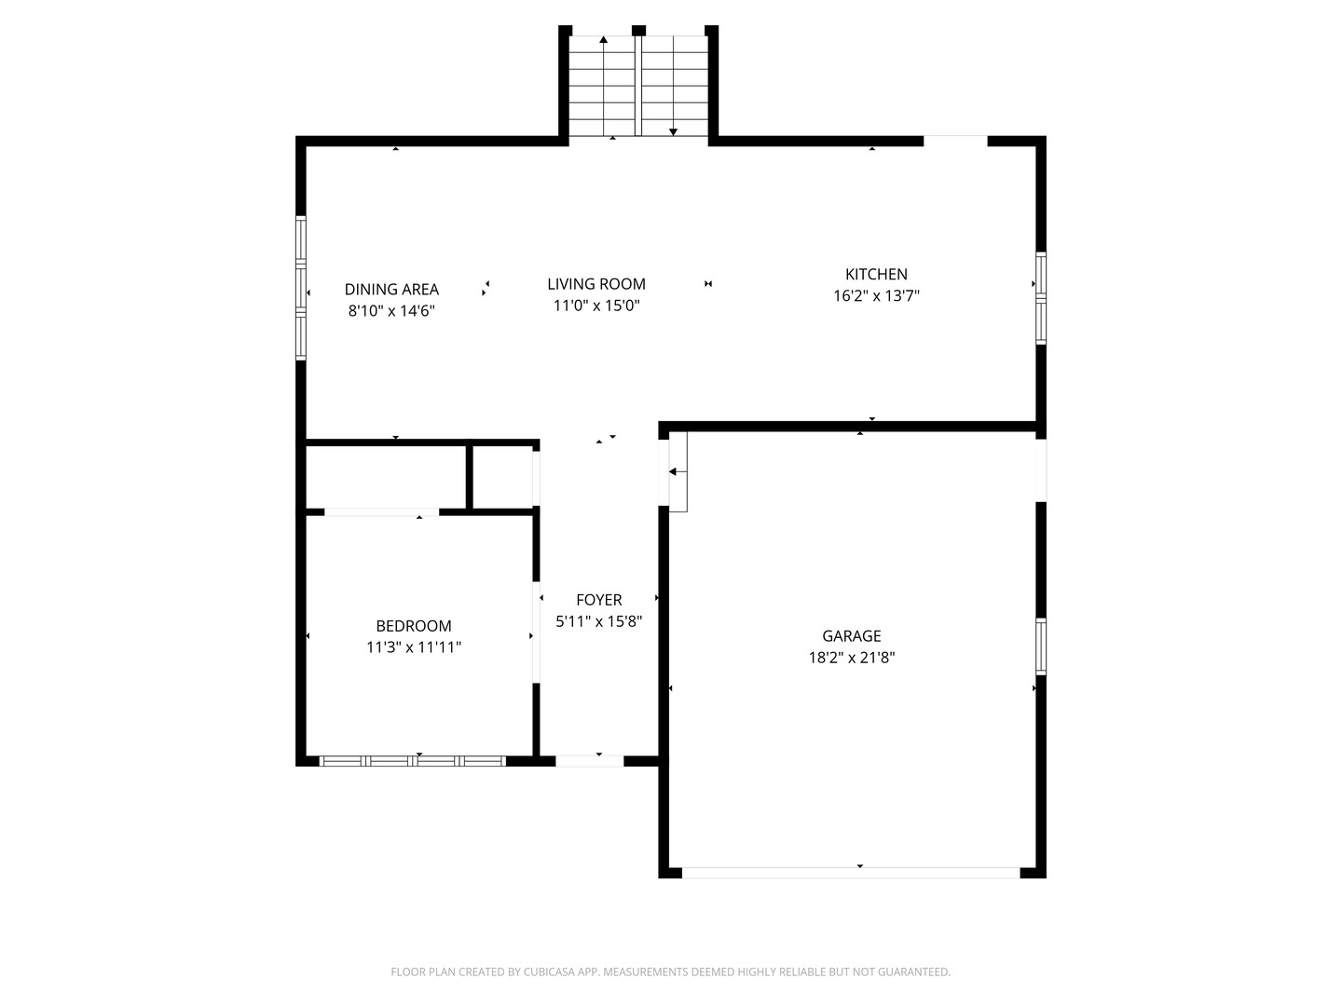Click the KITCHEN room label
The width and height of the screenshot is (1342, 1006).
(876, 274)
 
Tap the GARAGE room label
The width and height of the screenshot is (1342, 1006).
(851, 636)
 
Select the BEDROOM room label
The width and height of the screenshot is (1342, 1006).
(414, 626)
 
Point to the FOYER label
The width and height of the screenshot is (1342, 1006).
(598, 600)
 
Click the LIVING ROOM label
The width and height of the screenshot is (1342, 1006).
(596, 284)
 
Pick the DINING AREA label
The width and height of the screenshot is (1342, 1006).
(391, 290)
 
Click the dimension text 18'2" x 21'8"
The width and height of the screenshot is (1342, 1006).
(851, 658)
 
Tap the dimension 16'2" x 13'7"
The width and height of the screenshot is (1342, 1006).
(876, 296)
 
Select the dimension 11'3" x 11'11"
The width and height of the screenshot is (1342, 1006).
(414, 647)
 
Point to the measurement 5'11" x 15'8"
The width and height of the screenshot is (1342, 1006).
(598, 621)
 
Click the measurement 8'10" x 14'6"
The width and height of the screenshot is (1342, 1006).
(391, 311)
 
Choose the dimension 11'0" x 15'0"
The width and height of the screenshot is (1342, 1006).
(596, 306)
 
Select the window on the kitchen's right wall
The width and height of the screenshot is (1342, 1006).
(1041, 298)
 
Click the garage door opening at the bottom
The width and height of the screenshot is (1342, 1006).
(851, 873)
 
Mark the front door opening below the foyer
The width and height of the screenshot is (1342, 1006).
(589, 761)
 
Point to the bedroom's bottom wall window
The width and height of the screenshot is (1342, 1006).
(413, 761)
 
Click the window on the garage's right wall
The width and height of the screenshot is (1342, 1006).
(1041, 646)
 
